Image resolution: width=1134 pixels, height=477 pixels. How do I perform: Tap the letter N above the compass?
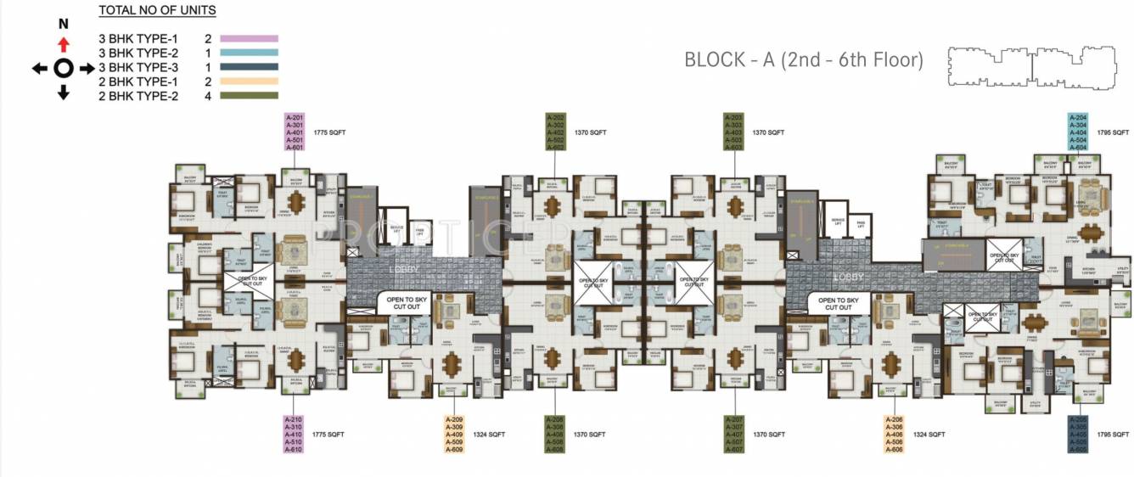click(x=63, y=25)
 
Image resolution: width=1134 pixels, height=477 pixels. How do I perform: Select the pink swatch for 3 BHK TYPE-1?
click(x=249, y=38)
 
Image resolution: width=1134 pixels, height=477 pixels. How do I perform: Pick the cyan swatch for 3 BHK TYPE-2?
click(x=249, y=53)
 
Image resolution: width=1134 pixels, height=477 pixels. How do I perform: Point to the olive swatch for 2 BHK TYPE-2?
click(x=249, y=96)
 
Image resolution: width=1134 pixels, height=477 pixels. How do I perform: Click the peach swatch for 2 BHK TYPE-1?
click(x=249, y=81)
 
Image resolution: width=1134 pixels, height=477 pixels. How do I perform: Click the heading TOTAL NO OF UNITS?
click(x=157, y=11)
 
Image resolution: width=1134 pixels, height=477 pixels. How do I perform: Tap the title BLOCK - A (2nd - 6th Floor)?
click(x=803, y=60)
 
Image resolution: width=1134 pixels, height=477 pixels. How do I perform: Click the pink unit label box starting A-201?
click(x=295, y=132)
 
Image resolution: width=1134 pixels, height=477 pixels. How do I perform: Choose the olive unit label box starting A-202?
click(x=555, y=132)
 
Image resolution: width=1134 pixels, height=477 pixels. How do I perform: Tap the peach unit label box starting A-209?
click(x=454, y=434)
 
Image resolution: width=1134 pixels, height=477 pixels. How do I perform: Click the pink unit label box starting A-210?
click(x=295, y=434)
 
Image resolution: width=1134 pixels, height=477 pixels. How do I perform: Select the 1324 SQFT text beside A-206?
click(x=929, y=434)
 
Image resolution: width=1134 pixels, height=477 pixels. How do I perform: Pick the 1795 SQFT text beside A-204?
click(x=1114, y=132)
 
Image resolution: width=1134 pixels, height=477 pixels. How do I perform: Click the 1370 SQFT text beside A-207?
click(x=768, y=434)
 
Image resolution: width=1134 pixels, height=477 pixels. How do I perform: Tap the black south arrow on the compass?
click(x=63, y=93)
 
